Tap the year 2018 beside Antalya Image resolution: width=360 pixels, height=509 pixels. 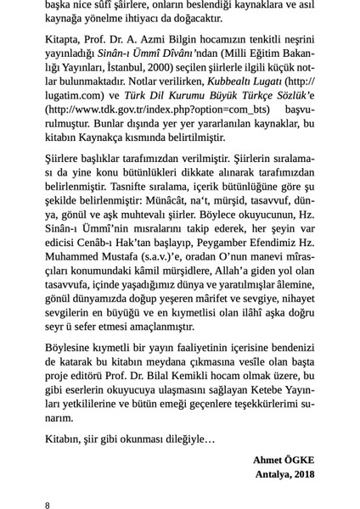302,473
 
